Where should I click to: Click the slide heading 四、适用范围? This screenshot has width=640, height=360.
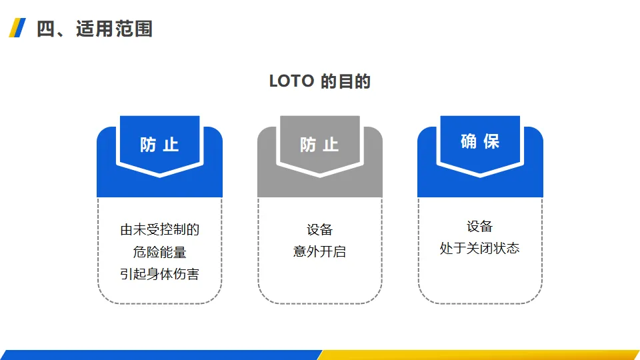tap(95, 29)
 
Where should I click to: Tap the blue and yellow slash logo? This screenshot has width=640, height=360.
tap(17, 28)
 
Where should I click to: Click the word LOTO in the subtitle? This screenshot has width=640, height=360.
tap(291, 81)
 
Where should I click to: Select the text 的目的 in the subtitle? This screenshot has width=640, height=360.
tap(345, 81)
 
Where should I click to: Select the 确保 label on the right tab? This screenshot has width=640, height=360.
tap(480, 141)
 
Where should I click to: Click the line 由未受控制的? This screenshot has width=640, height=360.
tap(159, 230)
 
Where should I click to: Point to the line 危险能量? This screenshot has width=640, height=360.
tap(159, 252)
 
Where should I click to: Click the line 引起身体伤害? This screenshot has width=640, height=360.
tap(159, 274)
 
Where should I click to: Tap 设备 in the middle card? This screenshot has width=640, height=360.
tap(319, 230)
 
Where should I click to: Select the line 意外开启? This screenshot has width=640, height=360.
tap(319, 252)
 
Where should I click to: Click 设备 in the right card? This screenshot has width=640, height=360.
tap(480, 226)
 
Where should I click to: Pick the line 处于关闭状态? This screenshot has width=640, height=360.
tap(480, 248)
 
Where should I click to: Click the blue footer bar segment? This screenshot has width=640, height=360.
tap(160, 355)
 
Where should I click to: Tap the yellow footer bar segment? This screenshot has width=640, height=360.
tap(480, 355)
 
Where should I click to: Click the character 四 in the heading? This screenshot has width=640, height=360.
tap(46, 29)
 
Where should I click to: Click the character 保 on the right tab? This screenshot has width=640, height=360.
tap(492, 141)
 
